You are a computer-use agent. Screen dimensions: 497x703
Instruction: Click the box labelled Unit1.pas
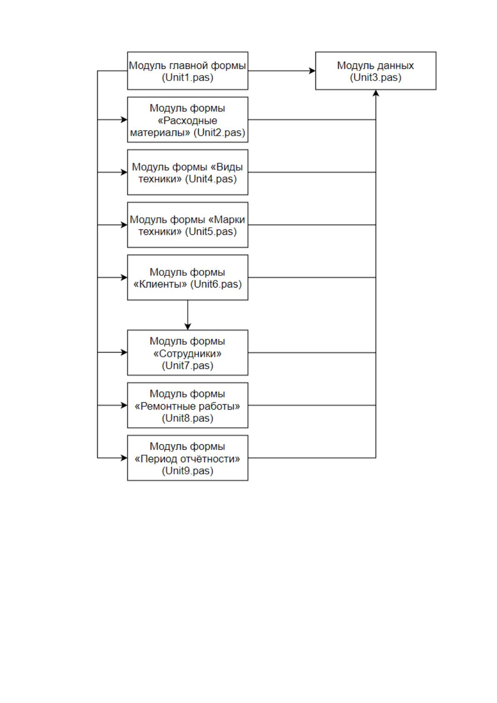(x=187, y=71)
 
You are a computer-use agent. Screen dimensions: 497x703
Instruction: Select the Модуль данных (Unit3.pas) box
(x=376, y=71)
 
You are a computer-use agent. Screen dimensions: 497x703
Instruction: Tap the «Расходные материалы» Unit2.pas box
(x=187, y=120)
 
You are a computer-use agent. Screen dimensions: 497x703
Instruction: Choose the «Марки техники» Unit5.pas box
(x=187, y=225)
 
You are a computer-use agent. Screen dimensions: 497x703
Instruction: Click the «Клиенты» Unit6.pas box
(x=187, y=277)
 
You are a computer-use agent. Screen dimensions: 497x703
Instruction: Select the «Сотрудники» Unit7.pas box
(x=187, y=353)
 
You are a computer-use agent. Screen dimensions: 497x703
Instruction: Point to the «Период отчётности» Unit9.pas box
(x=187, y=458)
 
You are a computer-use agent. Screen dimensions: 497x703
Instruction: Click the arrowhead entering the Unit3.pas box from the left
(x=312, y=71)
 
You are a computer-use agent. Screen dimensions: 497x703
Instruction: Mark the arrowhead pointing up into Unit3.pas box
(x=376, y=93)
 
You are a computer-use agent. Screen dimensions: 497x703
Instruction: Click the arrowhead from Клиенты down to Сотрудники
(x=187, y=327)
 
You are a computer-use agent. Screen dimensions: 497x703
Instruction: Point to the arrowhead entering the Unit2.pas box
(x=124, y=120)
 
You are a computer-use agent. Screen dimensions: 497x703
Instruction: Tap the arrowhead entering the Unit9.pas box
(x=124, y=458)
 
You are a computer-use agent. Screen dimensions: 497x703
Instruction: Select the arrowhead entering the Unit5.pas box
(x=124, y=225)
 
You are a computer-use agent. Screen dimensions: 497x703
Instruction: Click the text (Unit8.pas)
(x=187, y=418)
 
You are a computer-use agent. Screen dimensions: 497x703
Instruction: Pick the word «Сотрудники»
(x=187, y=354)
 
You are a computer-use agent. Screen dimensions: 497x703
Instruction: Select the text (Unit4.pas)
(x=211, y=179)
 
